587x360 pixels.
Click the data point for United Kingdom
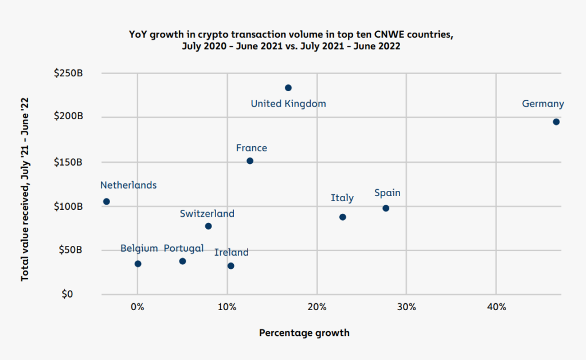pyautogui.click(x=288, y=88)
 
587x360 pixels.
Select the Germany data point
pyautogui.click(x=556, y=122)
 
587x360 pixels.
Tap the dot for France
pyautogui.click(x=250, y=161)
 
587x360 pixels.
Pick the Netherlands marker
pyautogui.click(x=107, y=201)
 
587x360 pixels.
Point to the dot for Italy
pyautogui.click(x=343, y=217)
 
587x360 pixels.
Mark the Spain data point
pyautogui.click(x=386, y=208)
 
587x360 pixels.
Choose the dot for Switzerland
pyautogui.click(x=208, y=226)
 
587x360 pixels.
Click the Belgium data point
pyautogui.click(x=138, y=264)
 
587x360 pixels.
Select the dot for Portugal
pyautogui.click(x=183, y=261)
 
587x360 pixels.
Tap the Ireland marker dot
pyautogui.click(x=230, y=265)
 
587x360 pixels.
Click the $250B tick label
pyautogui.click(x=69, y=73)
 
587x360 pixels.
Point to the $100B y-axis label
pyautogui.click(x=69, y=206)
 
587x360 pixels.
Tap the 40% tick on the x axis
pyautogui.click(x=496, y=307)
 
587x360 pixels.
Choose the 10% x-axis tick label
pyautogui.click(x=227, y=307)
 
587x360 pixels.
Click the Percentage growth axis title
pyautogui.click(x=304, y=332)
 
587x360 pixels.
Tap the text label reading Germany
pyautogui.click(x=543, y=104)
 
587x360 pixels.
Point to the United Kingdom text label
pyautogui.click(x=288, y=104)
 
